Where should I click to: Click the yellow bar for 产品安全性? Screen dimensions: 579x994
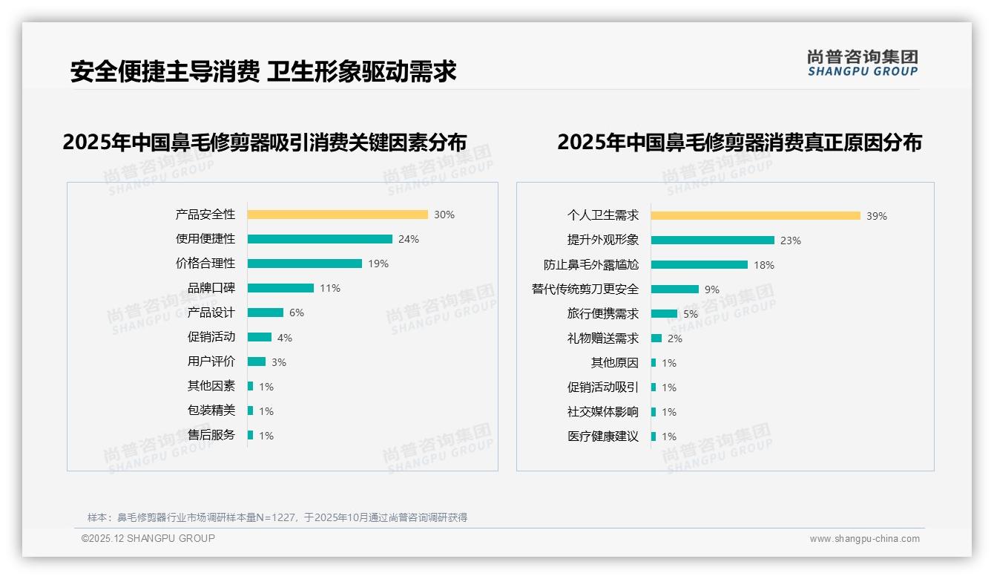click(338, 215)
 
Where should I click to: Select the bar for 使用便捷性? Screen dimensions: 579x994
click(320, 239)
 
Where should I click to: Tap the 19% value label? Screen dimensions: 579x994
click(378, 264)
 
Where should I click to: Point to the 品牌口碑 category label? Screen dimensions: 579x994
click(211, 288)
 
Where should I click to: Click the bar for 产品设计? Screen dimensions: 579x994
click(266, 313)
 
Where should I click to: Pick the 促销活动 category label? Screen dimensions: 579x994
click(211, 337)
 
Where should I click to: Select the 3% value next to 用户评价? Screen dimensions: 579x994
click(278, 362)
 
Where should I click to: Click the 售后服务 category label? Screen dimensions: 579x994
click(211, 435)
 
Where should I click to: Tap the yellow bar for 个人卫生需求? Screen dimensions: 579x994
click(755, 216)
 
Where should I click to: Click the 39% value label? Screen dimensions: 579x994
click(877, 216)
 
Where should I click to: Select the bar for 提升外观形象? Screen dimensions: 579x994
click(712, 241)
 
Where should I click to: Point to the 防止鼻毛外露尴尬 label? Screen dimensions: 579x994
click(590, 265)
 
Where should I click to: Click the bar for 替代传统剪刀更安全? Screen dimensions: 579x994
click(674, 289)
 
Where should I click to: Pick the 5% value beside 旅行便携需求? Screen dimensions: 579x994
click(691, 314)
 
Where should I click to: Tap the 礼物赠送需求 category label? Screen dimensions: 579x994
click(602, 338)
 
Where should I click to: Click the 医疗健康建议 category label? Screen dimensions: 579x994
click(602, 436)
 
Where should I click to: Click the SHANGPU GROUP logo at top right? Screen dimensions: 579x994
click(862, 63)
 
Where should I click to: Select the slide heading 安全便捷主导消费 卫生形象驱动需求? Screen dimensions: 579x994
click(263, 71)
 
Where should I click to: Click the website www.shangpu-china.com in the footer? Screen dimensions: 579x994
click(864, 539)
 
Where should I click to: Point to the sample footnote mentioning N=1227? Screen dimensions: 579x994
click(277, 517)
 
